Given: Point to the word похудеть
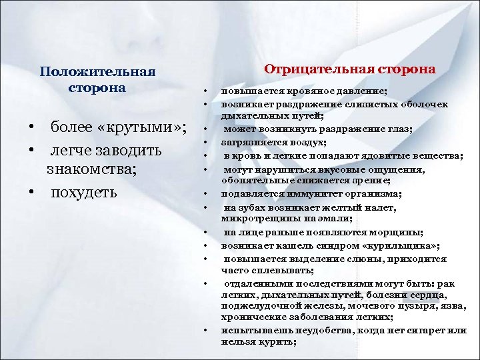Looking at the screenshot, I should click(84, 193).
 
